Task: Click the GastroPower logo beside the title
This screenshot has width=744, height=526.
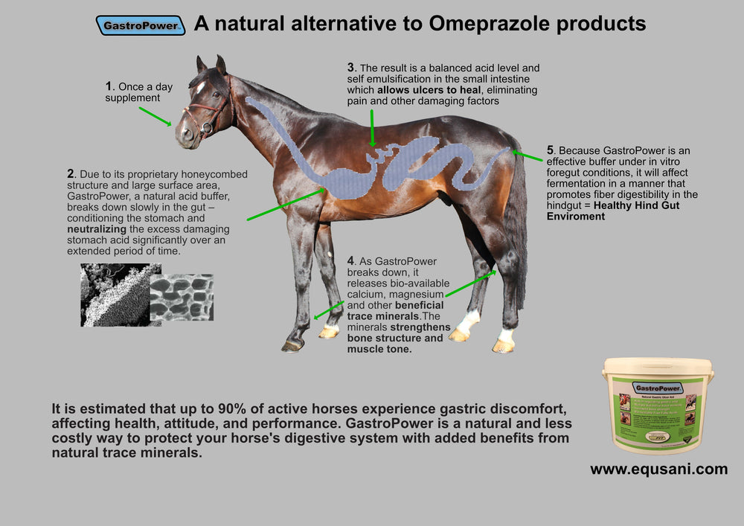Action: (x=141, y=25)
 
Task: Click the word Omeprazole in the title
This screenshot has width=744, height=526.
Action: (x=484, y=24)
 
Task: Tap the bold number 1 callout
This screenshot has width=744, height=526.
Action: (x=109, y=86)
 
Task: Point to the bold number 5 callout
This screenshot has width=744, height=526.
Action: (x=551, y=150)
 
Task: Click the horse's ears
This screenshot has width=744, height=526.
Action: (x=211, y=64)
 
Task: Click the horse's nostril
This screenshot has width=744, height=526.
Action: (x=182, y=134)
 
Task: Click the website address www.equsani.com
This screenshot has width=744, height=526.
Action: (x=658, y=469)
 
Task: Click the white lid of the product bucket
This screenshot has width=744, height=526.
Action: (x=658, y=366)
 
